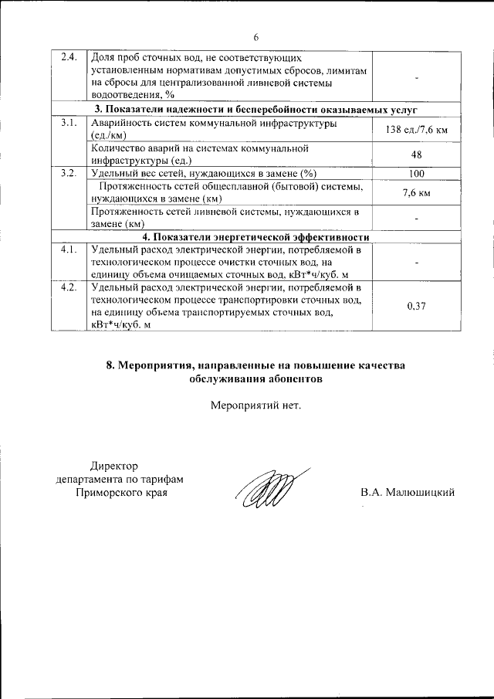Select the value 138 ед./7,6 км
click(416, 130)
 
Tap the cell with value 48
click(416, 154)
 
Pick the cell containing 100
click(416, 173)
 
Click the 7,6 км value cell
click(416, 192)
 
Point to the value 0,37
click(416, 306)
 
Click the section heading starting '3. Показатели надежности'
click(255, 110)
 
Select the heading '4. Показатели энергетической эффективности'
click(255, 237)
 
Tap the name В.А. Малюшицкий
click(408, 491)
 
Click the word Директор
click(113, 466)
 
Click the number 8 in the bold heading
click(110, 365)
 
